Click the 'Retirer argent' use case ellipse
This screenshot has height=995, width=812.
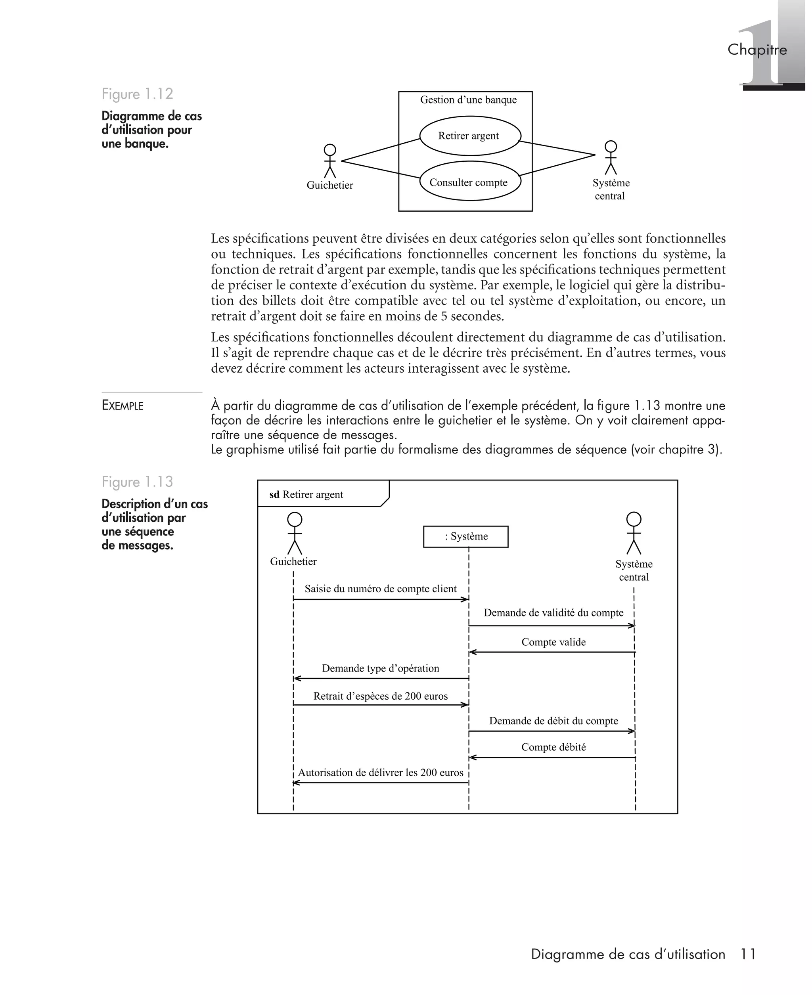(x=469, y=136)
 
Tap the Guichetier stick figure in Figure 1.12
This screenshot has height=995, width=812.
(x=330, y=161)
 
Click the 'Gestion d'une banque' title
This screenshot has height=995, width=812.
(x=468, y=99)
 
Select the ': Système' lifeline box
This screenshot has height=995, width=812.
(x=465, y=536)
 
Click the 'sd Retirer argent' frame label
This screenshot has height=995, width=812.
(x=306, y=494)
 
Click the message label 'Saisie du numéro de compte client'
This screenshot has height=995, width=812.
(x=380, y=589)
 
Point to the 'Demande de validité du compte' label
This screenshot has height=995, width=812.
(x=553, y=612)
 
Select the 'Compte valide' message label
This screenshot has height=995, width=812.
(x=553, y=642)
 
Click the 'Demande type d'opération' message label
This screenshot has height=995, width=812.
(x=380, y=668)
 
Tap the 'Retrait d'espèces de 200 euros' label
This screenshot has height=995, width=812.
(x=380, y=696)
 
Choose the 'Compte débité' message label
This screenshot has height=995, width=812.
(x=553, y=747)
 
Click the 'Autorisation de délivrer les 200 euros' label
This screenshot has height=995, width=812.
(x=380, y=773)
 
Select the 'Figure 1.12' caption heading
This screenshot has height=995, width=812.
(x=138, y=94)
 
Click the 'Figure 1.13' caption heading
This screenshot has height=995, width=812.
(x=138, y=482)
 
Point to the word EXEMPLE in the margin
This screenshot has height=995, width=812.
(x=123, y=406)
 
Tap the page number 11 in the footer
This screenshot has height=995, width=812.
(x=748, y=954)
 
